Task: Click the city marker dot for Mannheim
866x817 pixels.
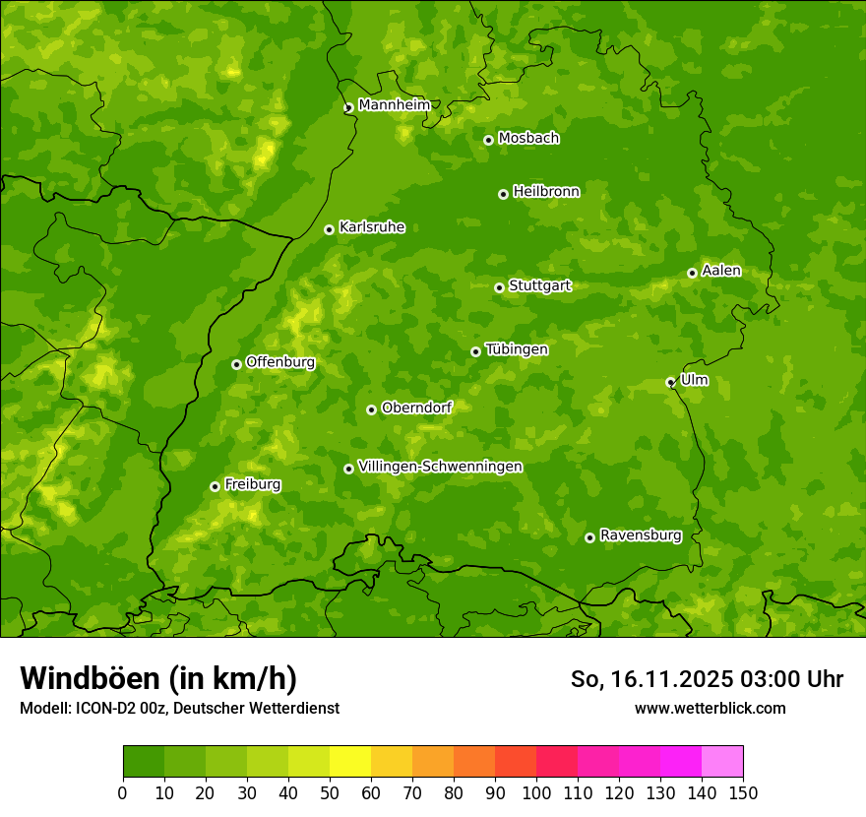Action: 348,108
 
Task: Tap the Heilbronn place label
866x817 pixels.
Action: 546,192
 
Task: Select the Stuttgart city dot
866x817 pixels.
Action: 499,287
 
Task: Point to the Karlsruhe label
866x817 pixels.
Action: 371,227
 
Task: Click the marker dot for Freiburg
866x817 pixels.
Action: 215,486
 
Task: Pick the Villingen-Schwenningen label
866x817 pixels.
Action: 440,467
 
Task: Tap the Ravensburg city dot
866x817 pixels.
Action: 589,537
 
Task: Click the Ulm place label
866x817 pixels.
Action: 694,380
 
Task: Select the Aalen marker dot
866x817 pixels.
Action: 692,273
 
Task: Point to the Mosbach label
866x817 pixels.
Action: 528,139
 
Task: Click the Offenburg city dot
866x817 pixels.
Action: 236,364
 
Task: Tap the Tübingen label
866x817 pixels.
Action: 517,349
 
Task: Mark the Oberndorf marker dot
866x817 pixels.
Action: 371,409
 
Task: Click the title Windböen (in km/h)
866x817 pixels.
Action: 158,678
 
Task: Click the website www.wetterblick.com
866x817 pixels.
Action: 710,708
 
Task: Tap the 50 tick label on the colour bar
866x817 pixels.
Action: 330,792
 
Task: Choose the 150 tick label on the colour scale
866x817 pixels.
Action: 743,792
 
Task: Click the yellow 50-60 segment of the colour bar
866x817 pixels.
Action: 350,762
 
